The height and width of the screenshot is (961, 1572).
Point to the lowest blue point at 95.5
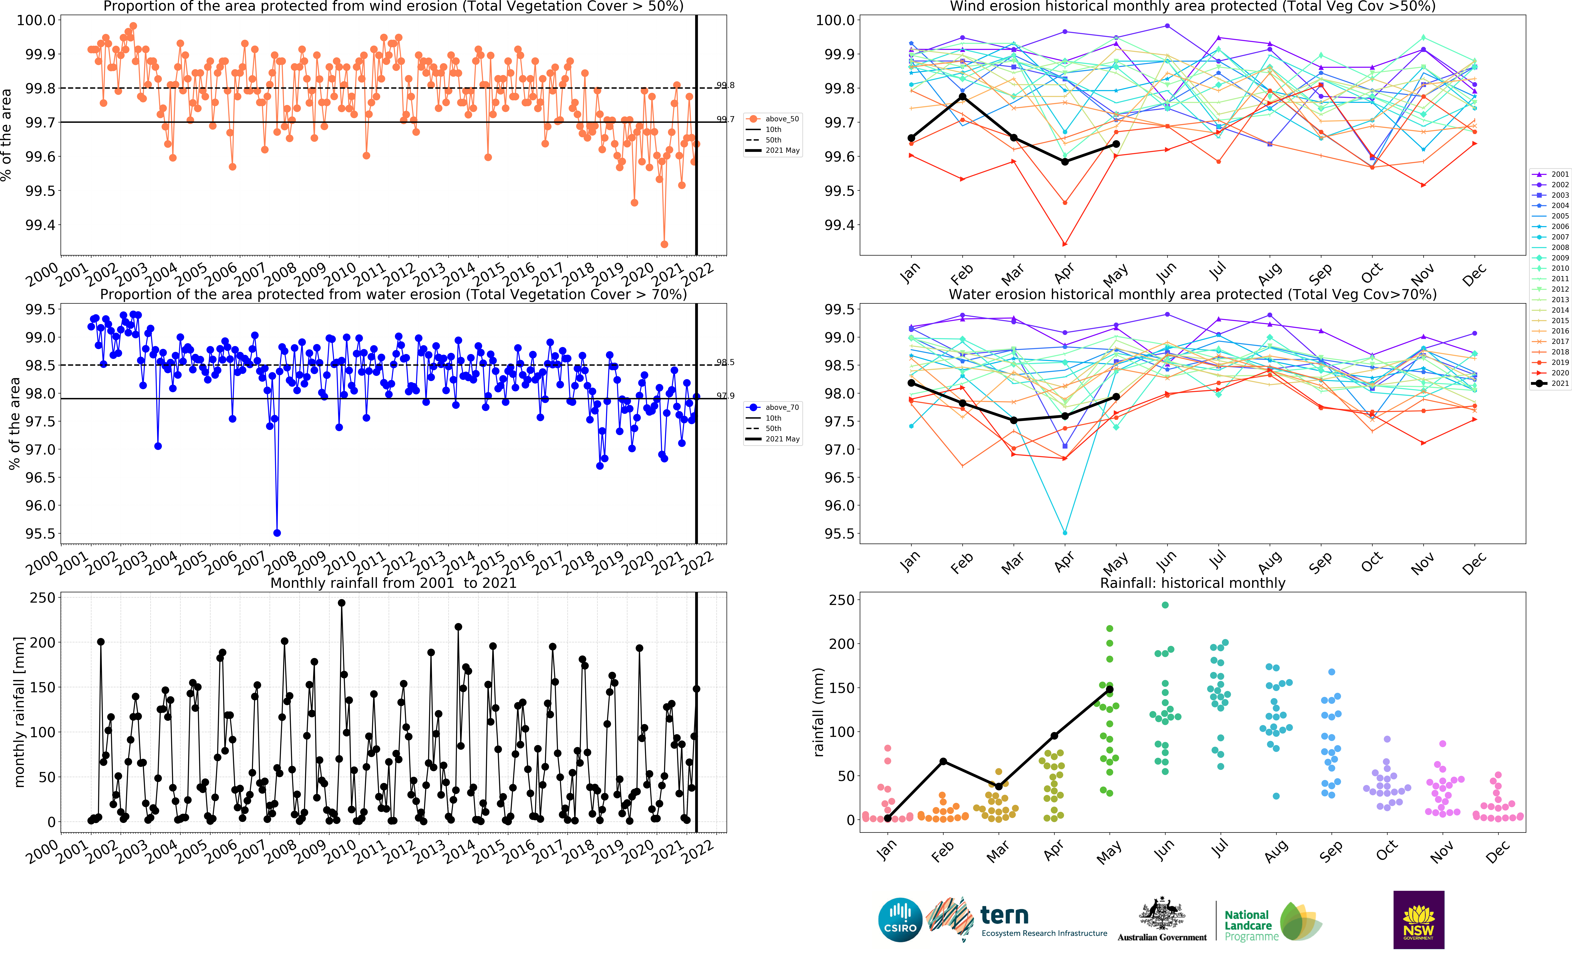tap(277, 533)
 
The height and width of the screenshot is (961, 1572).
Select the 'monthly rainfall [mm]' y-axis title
tap(19, 711)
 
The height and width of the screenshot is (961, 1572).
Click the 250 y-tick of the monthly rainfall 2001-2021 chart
tap(43, 598)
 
